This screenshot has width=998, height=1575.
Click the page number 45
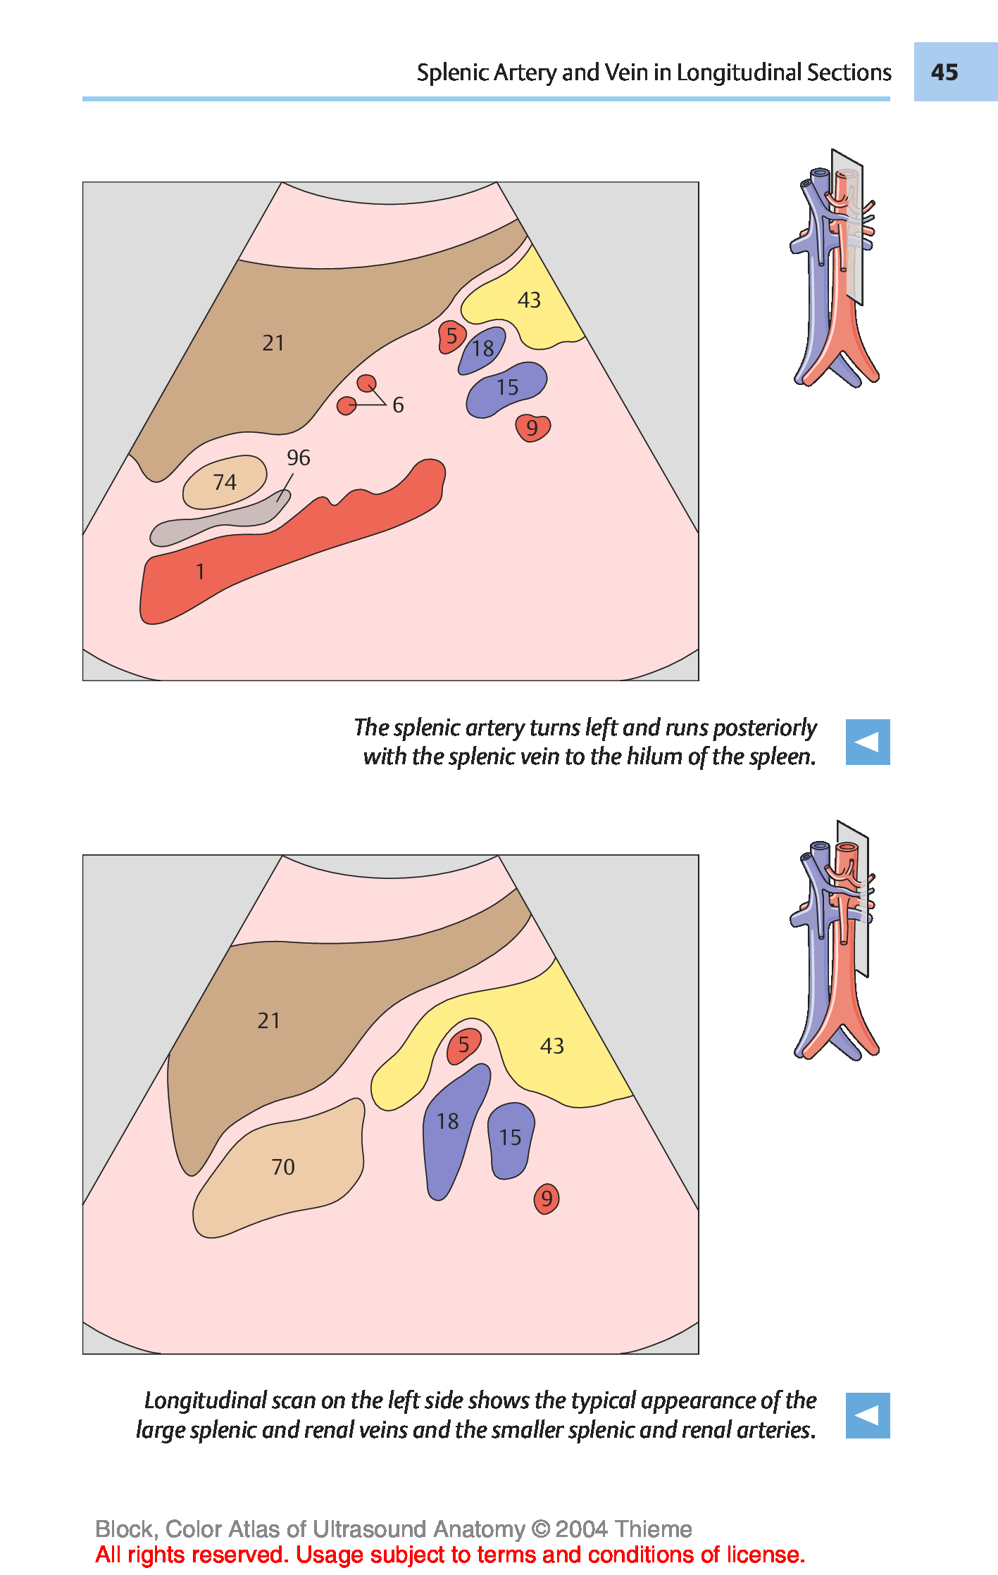(944, 72)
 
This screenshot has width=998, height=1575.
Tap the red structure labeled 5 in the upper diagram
(451, 336)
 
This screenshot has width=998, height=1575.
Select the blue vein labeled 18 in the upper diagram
(483, 349)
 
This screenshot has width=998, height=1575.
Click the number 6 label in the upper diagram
(398, 405)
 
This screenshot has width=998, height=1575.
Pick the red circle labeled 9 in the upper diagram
(532, 427)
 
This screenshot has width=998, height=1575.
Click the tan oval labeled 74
(225, 482)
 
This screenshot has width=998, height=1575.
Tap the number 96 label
(298, 458)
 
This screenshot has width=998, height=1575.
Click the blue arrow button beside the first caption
(867, 742)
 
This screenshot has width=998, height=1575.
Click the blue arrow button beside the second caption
(867, 1415)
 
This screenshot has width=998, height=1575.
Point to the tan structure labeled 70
(282, 1167)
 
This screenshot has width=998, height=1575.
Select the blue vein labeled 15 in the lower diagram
(510, 1138)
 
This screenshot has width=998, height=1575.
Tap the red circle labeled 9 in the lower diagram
(547, 1199)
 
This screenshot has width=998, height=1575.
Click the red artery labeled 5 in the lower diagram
(463, 1045)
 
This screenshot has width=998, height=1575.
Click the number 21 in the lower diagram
(268, 1020)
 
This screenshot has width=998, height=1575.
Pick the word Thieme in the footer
(652, 1529)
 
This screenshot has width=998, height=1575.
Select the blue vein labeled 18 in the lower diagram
(448, 1122)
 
